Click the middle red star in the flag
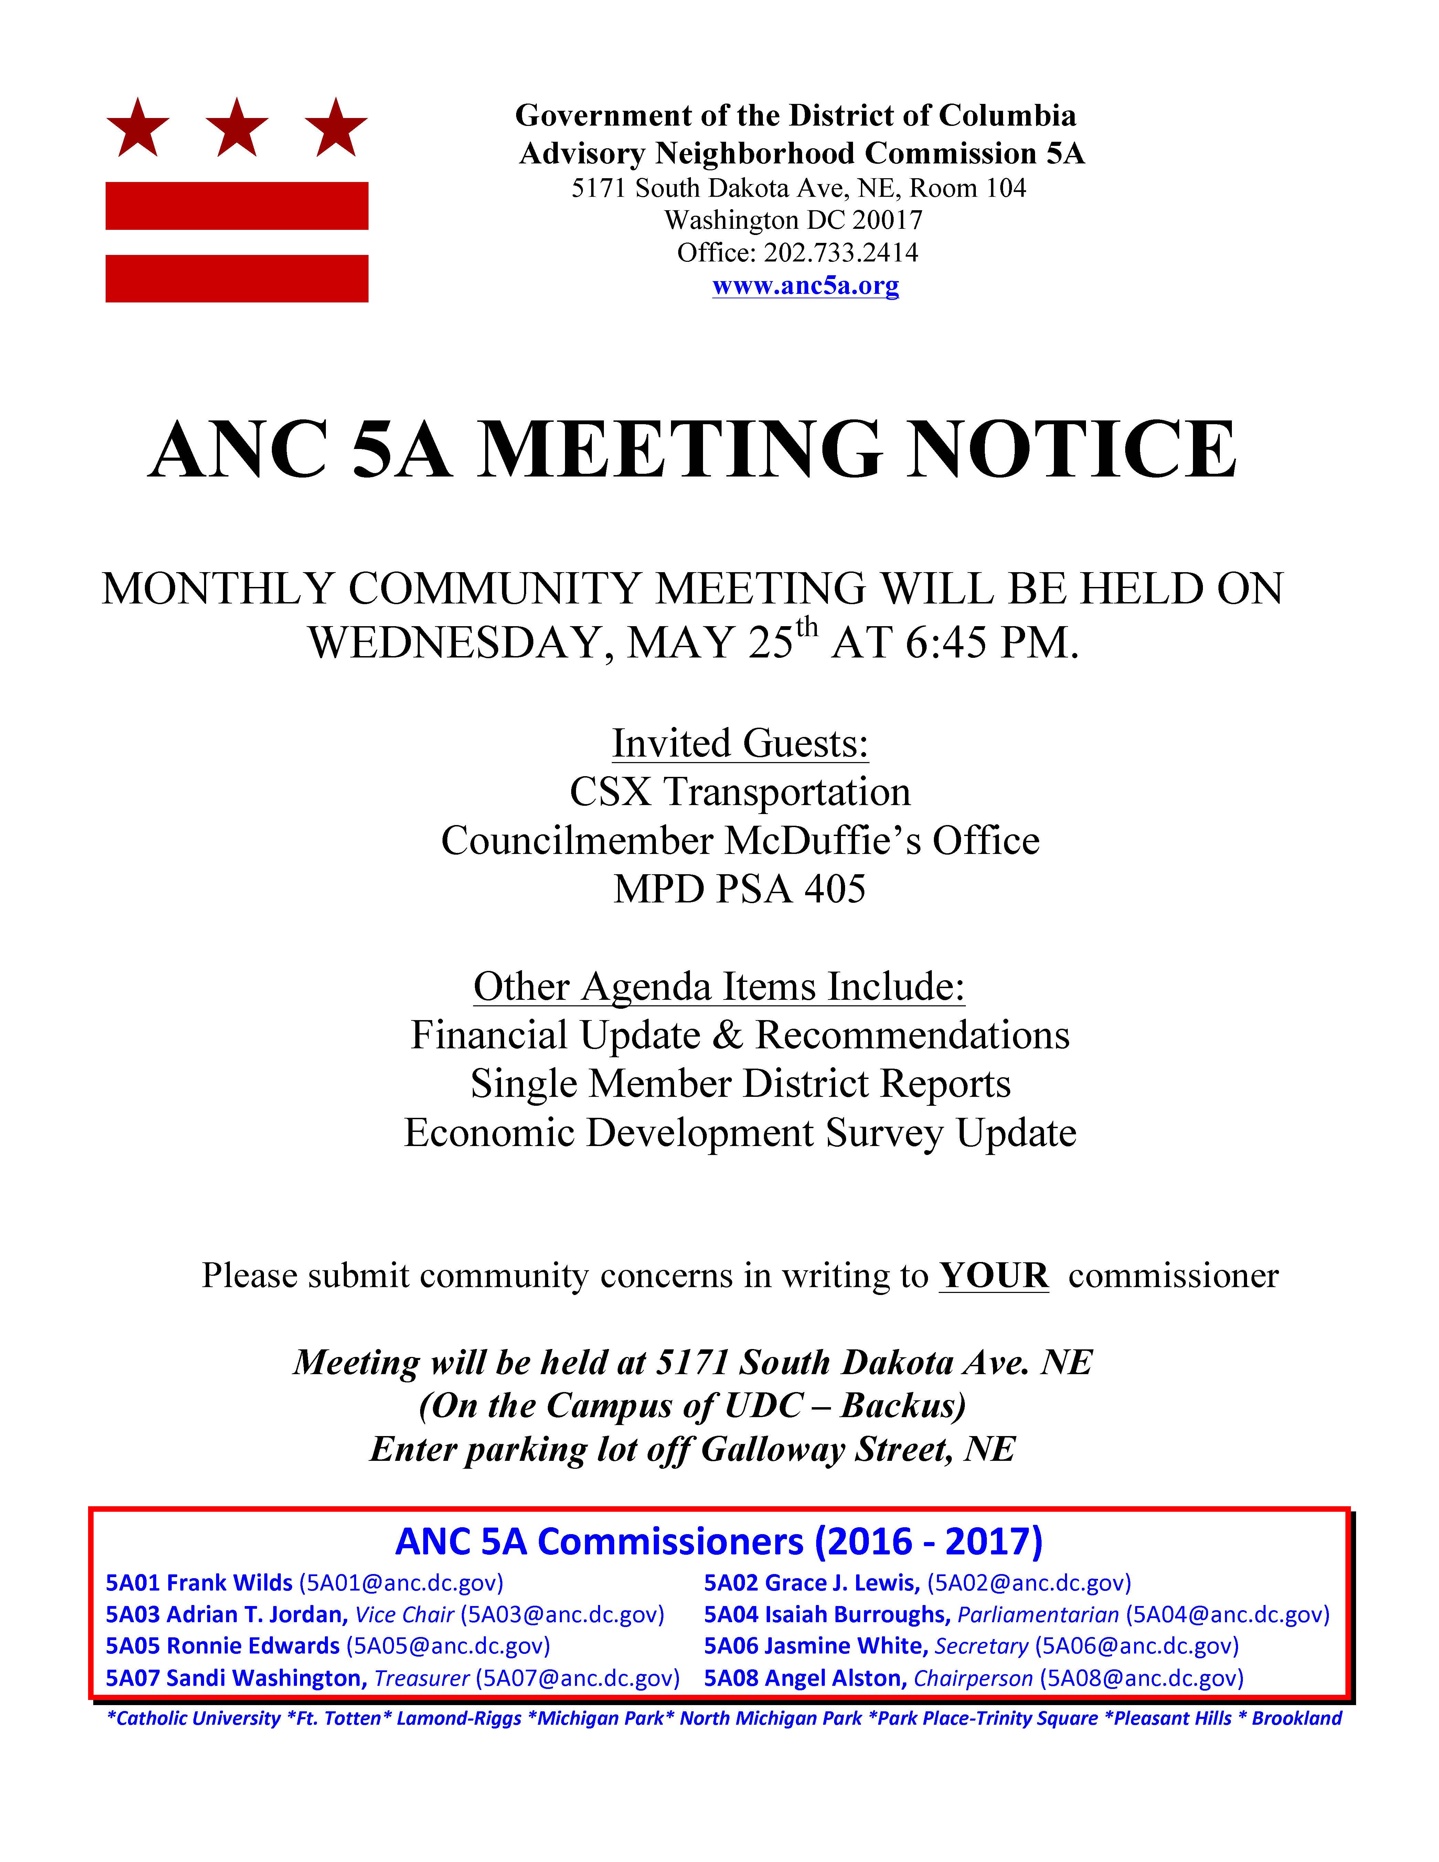pos(237,128)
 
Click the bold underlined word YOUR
pos(993,1275)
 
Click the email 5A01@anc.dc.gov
pos(401,1583)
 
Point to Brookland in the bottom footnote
pos(1296,1718)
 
